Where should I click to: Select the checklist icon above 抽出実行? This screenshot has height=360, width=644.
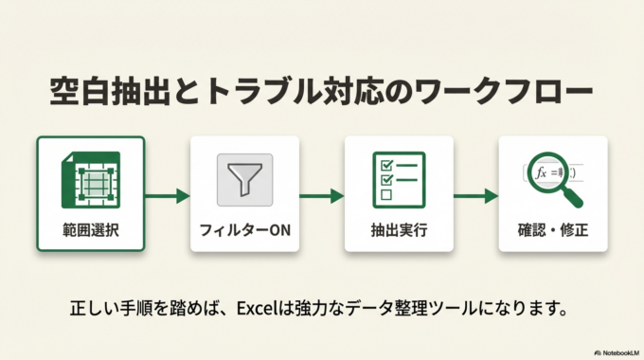(x=398, y=177)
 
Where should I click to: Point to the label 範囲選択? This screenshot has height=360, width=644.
(x=90, y=230)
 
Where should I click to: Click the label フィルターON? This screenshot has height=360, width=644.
(x=244, y=230)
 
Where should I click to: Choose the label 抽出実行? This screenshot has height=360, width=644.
(x=398, y=230)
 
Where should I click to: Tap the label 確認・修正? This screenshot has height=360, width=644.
(x=552, y=230)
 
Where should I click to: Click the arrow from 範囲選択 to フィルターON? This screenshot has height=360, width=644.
(x=168, y=196)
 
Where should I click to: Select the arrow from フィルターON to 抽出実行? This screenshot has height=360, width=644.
(x=321, y=196)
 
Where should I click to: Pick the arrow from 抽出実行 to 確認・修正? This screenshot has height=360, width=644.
(x=475, y=196)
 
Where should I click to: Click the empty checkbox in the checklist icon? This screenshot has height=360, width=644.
(x=385, y=194)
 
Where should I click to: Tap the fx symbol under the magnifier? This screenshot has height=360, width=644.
(x=542, y=173)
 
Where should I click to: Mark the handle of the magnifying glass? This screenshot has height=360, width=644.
(x=575, y=200)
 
